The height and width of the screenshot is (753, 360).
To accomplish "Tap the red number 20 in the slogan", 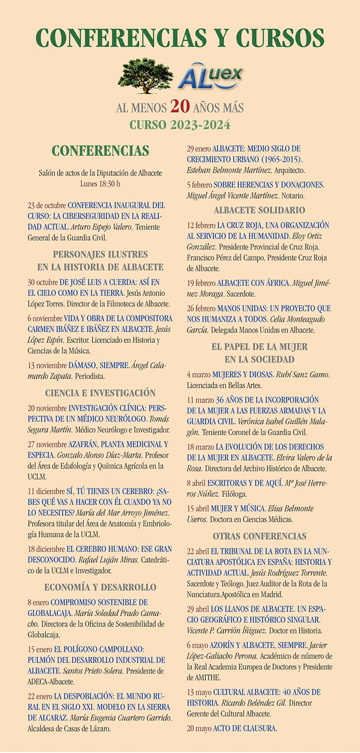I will click(181, 106).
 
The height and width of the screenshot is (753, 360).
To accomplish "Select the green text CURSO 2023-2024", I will click(179, 125).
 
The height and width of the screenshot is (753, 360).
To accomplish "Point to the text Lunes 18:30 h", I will click(100, 183).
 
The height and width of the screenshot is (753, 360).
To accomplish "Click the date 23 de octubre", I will click(47, 205).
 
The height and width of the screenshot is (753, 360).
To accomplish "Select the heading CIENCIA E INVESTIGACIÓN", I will click(100, 393).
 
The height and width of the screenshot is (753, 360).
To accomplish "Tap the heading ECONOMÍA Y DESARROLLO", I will click(100, 587).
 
